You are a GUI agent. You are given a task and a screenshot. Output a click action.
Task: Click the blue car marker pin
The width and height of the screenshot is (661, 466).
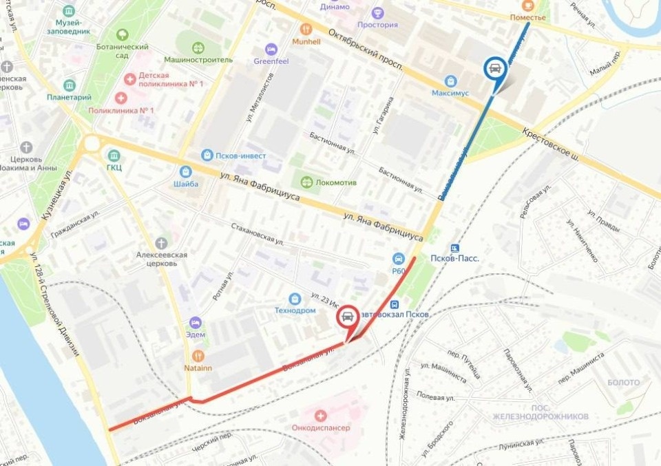(x=494, y=67)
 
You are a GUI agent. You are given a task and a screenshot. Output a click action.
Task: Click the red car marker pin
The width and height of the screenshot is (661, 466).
(x=348, y=317)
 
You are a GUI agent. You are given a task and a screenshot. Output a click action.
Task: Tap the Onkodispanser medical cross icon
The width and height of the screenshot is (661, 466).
(x=320, y=416)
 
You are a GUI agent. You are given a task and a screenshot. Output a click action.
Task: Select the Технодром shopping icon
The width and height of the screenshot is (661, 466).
(x=295, y=299)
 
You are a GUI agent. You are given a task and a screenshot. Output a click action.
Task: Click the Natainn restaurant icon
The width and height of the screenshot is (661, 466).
(x=198, y=356)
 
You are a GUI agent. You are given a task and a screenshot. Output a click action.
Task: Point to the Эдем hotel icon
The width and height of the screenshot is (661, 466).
(x=195, y=322)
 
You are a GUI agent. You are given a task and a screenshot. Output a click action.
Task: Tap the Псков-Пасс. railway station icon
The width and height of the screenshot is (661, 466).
(x=454, y=248)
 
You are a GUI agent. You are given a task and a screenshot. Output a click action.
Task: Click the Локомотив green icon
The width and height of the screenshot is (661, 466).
(x=306, y=182)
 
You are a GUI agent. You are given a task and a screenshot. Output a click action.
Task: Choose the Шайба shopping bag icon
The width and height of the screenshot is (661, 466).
(x=185, y=171)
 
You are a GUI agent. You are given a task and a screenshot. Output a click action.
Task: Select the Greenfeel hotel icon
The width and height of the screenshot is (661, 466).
(x=271, y=50)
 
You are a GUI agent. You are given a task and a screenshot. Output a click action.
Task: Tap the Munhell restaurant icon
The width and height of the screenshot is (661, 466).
(x=306, y=30)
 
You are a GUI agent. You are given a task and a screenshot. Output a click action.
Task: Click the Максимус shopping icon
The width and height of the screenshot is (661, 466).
(x=450, y=81)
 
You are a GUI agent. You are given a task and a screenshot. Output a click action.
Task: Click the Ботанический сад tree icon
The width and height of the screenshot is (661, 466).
(x=122, y=34)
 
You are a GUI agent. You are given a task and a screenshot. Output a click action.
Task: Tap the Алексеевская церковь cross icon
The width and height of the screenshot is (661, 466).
(x=161, y=243)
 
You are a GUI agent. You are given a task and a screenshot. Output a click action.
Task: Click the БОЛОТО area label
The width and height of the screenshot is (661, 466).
(x=623, y=383)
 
